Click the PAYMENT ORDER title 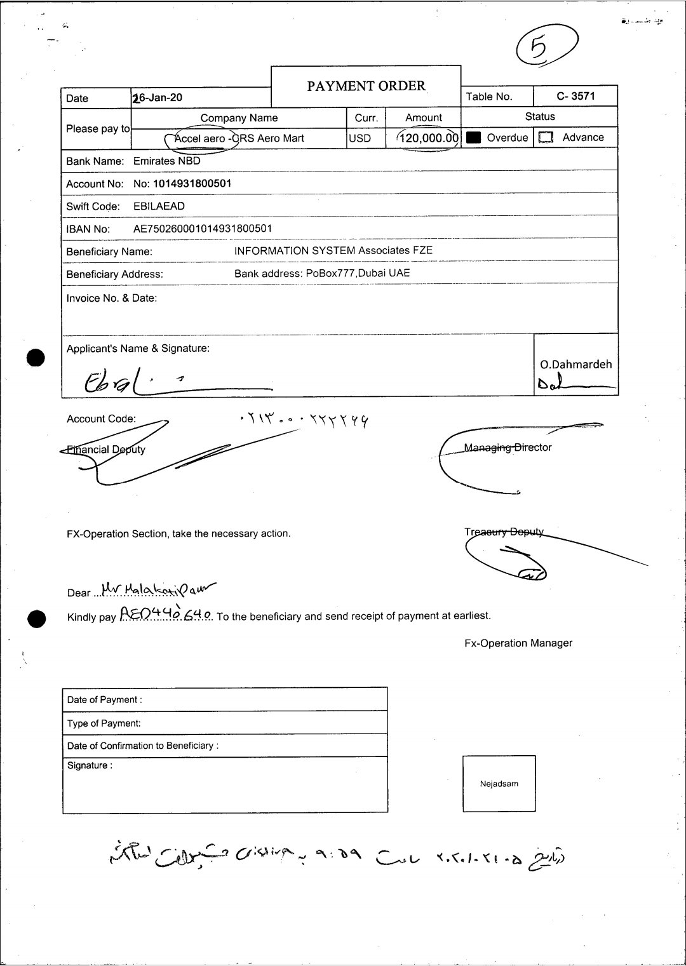367,86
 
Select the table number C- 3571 575,96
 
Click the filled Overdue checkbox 473,138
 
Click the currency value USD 360,138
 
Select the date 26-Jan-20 158,98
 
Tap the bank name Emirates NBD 166,161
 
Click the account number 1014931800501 192,184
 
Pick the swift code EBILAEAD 159,206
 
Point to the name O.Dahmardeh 576,365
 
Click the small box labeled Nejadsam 499,784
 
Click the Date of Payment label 104,700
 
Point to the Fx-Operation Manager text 518,643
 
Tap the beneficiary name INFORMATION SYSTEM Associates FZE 333,251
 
